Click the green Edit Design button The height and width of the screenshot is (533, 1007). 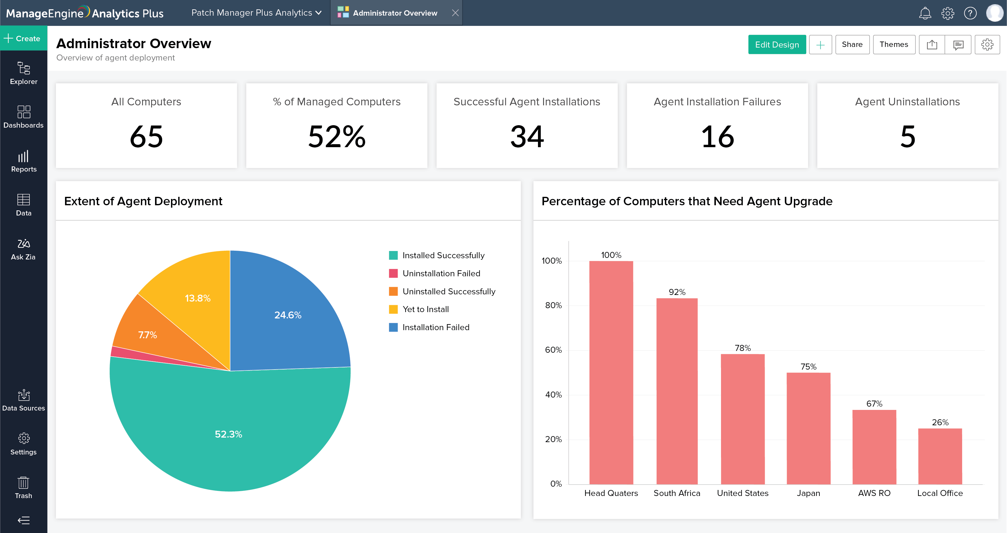(777, 45)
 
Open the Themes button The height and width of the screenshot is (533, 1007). (894, 45)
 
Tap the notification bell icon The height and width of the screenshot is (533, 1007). (925, 13)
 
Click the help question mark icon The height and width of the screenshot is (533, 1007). (970, 13)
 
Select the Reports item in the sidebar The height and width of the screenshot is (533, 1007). (23, 161)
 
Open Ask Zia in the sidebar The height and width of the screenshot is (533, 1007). (23, 249)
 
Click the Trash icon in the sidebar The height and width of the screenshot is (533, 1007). (23, 487)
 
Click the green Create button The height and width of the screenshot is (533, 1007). (23, 38)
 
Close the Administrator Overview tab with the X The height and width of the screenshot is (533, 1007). (455, 13)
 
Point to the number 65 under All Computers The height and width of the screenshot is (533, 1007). (146, 137)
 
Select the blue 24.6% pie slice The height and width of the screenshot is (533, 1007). (288, 315)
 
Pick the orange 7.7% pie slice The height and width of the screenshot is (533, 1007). (148, 335)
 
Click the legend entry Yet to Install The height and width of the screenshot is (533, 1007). (425, 309)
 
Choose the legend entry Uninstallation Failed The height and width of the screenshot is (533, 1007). (441, 273)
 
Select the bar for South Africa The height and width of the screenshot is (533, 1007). (677, 391)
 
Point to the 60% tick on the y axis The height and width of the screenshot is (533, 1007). (553, 350)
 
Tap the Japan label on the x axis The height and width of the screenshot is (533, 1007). (808, 493)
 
